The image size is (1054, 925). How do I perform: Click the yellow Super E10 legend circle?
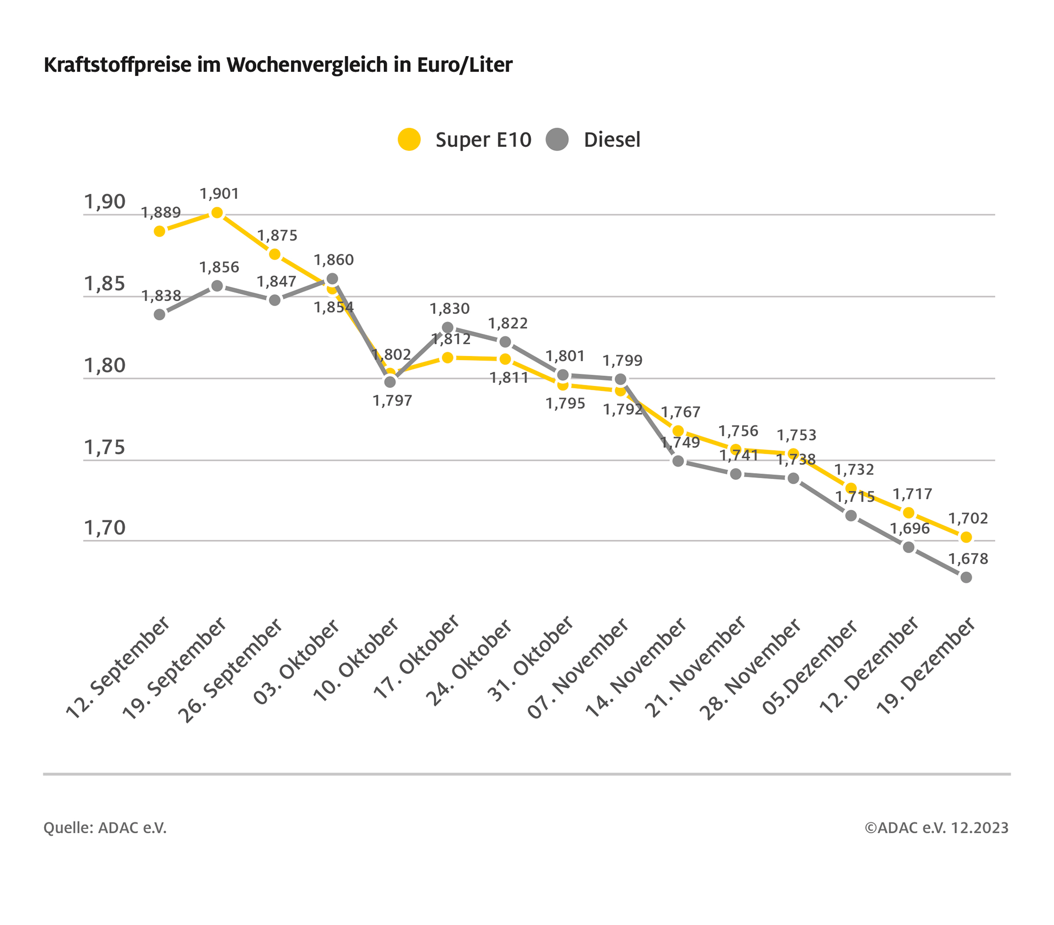click(409, 139)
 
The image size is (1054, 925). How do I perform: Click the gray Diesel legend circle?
click(557, 139)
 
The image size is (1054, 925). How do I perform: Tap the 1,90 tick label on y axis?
click(105, 202)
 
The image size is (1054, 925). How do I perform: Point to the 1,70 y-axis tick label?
click(105, 528)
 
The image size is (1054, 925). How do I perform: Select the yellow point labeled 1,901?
click(217, 213)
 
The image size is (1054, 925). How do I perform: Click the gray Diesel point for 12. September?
click(160, 314)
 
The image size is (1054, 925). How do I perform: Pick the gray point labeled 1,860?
click(333, 279)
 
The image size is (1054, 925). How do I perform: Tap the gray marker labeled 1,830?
click(448, 327)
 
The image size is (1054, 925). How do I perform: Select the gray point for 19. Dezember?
click(966, 577)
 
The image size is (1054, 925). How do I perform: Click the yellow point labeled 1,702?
click(966, 537)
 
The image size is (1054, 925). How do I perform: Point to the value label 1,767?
click(680, 412)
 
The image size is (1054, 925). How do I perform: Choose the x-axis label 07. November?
click(578, 668)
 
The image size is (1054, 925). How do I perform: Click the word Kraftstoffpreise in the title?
click(117, 65)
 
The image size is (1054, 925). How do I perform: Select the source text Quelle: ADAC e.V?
click(105, 827)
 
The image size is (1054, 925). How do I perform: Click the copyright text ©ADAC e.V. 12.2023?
click(936, 827)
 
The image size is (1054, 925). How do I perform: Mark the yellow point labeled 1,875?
click(275, 254)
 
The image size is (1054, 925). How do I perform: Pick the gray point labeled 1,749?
click(679, 461)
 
